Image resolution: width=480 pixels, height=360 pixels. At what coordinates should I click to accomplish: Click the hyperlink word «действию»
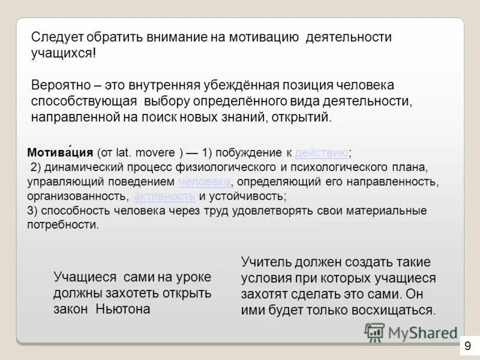(322, 152)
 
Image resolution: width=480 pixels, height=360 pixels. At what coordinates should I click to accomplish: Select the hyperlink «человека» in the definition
(204, 181)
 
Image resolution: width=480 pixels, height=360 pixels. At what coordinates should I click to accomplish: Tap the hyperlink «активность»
(164, 196)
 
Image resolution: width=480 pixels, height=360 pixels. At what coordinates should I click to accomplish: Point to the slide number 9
(467, 346)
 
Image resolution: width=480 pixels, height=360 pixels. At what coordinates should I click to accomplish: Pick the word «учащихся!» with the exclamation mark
(63, 53)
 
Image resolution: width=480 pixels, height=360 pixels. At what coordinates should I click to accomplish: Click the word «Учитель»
(268, 262)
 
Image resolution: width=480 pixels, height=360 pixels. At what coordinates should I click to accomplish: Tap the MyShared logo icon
(374, 332)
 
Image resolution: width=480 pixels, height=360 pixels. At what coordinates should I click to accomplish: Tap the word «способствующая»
(84, 101)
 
